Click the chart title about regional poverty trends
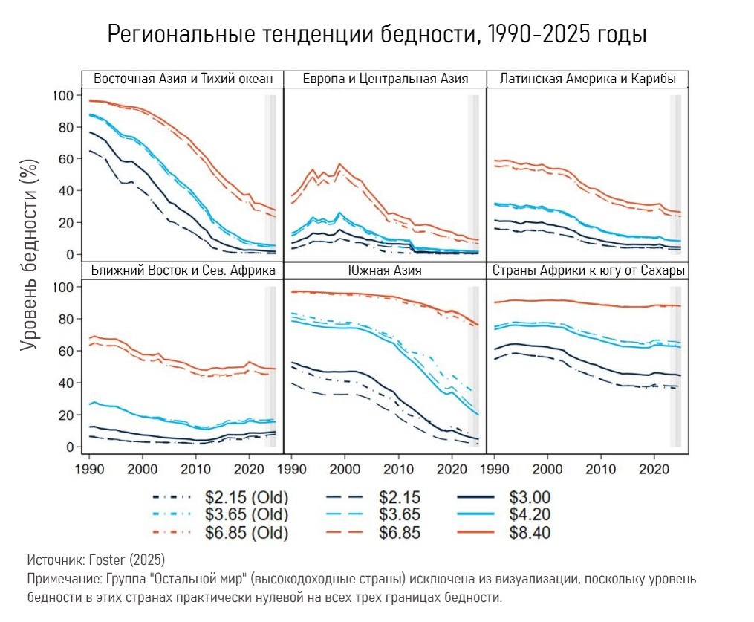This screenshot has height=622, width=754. (377, 34)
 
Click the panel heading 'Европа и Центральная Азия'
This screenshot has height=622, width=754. (385, 80)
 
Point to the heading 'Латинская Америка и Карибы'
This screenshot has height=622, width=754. (587, 80)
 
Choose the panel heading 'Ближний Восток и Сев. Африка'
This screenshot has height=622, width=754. (183, 270)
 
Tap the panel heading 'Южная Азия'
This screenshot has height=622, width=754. (385, 270)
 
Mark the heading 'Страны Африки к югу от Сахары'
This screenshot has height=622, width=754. (587, 270)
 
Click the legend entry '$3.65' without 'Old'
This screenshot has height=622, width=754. (400, 515)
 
